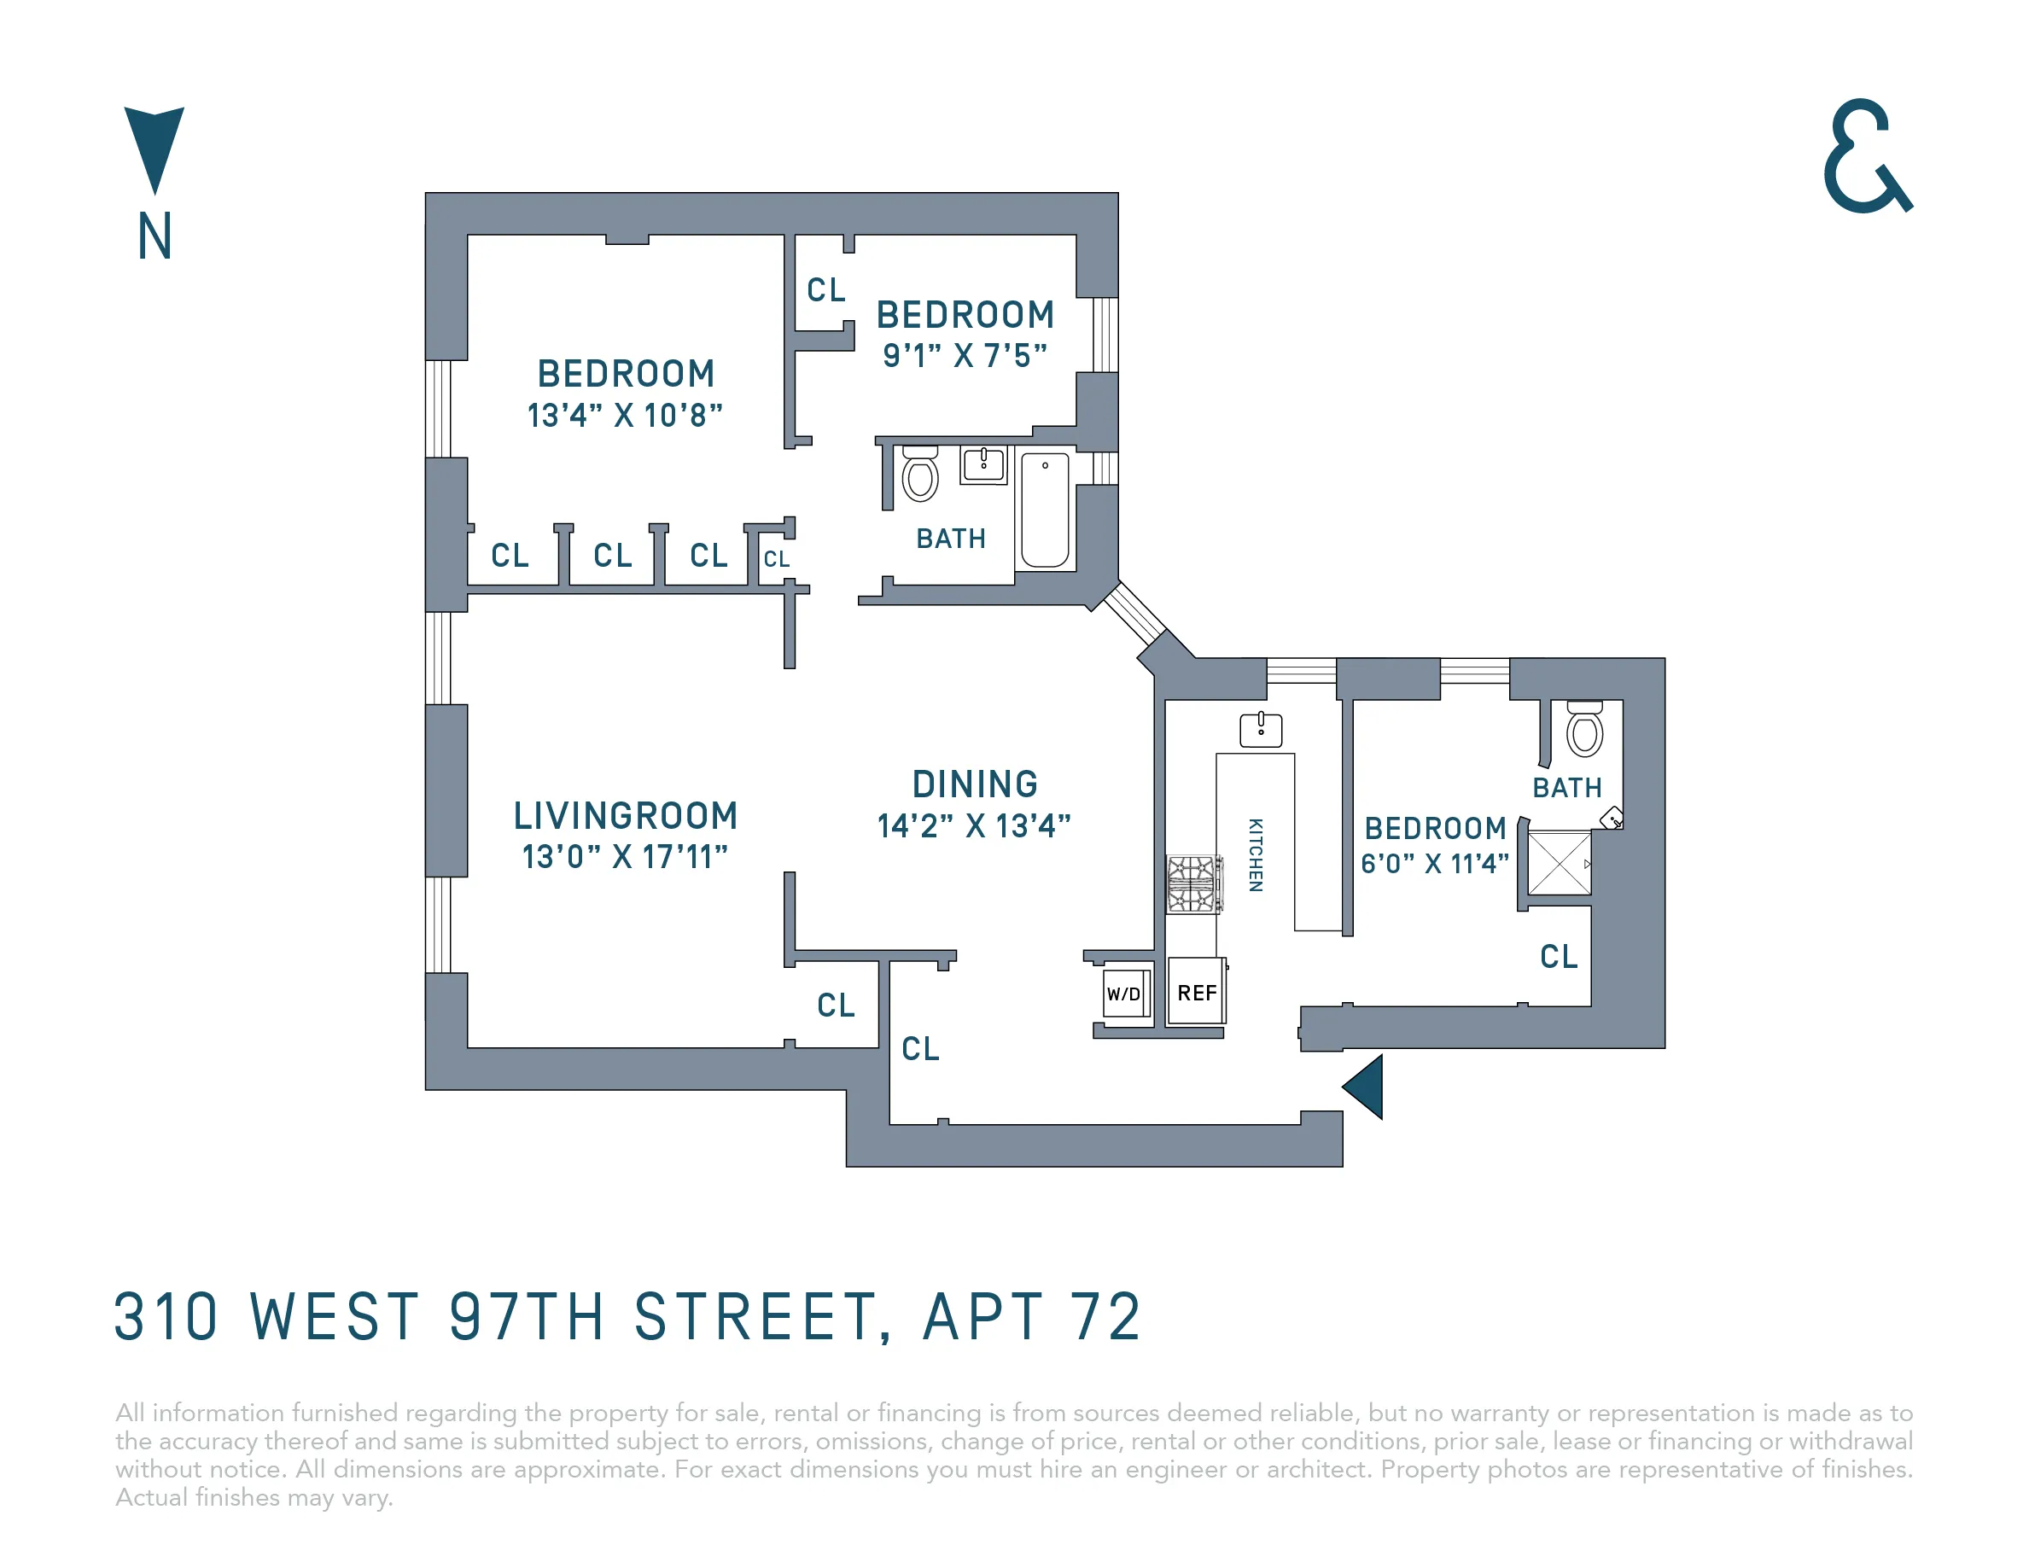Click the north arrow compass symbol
point(155,149)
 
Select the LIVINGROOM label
point(625,816)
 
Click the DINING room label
point(975,784)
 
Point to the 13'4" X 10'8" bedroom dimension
point(624,415)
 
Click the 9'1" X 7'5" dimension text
point(965,356)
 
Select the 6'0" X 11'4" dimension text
point(1434,864)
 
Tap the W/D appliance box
point(1124,994)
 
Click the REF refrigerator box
point(1197,992)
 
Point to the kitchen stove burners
point(1192,884)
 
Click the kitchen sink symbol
point(1261,729)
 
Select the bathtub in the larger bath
point(1045,510)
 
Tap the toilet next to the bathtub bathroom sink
point(919,476)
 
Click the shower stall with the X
point(1560,863)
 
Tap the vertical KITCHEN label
point(1255,854)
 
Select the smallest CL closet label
point(777,559)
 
